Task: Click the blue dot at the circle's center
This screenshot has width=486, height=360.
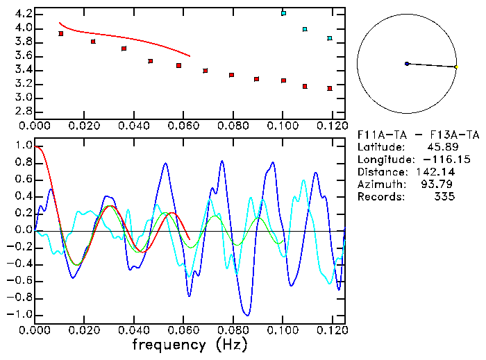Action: pyautogui.click(x=407, y=64)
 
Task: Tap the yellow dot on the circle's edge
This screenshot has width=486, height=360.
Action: pyautogui.click(x=456, y=67)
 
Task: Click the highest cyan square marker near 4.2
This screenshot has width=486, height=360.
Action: pyautogui.click(x=283, y=13)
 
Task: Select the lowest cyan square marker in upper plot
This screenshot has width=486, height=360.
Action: pyautogui.click(x=330, y=38)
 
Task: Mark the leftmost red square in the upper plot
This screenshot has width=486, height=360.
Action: pyautogui.click(x=61, y=33)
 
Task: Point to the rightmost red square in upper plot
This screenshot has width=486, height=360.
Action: pyautogui.click(x=330, y=88)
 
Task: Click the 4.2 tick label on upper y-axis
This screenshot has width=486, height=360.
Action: pyautogui.click(x=21, y=14)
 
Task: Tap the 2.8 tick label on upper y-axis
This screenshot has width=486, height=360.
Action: pyautogui.click(x=21, y=112)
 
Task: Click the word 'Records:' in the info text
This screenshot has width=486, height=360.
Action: pyautogui.click(x=380, y=197)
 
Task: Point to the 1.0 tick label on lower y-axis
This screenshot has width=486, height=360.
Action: pyautogui.click(x=23, y=146)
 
